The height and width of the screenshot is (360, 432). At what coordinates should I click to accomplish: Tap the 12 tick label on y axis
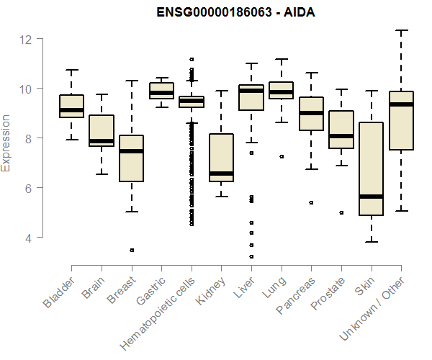(27, 39)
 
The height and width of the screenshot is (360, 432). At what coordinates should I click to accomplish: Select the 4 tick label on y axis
(27, 238)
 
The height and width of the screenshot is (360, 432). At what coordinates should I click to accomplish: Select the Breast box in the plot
(132, 158)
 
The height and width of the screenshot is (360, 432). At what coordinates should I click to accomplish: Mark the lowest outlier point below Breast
(132, 250)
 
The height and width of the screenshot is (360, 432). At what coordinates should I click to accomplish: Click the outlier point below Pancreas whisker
(310, 203)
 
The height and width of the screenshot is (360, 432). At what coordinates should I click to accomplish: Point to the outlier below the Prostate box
(341, 212)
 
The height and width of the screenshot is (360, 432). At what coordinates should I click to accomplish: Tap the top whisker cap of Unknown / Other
(401, 30)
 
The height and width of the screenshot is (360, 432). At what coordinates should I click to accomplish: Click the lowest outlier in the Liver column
(251, 256)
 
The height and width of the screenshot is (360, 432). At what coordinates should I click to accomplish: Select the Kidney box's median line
(221, 174)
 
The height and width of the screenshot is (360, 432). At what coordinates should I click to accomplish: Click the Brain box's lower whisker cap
(102, 174)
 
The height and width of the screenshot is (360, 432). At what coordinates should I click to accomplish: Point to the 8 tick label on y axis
(27, 138)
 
